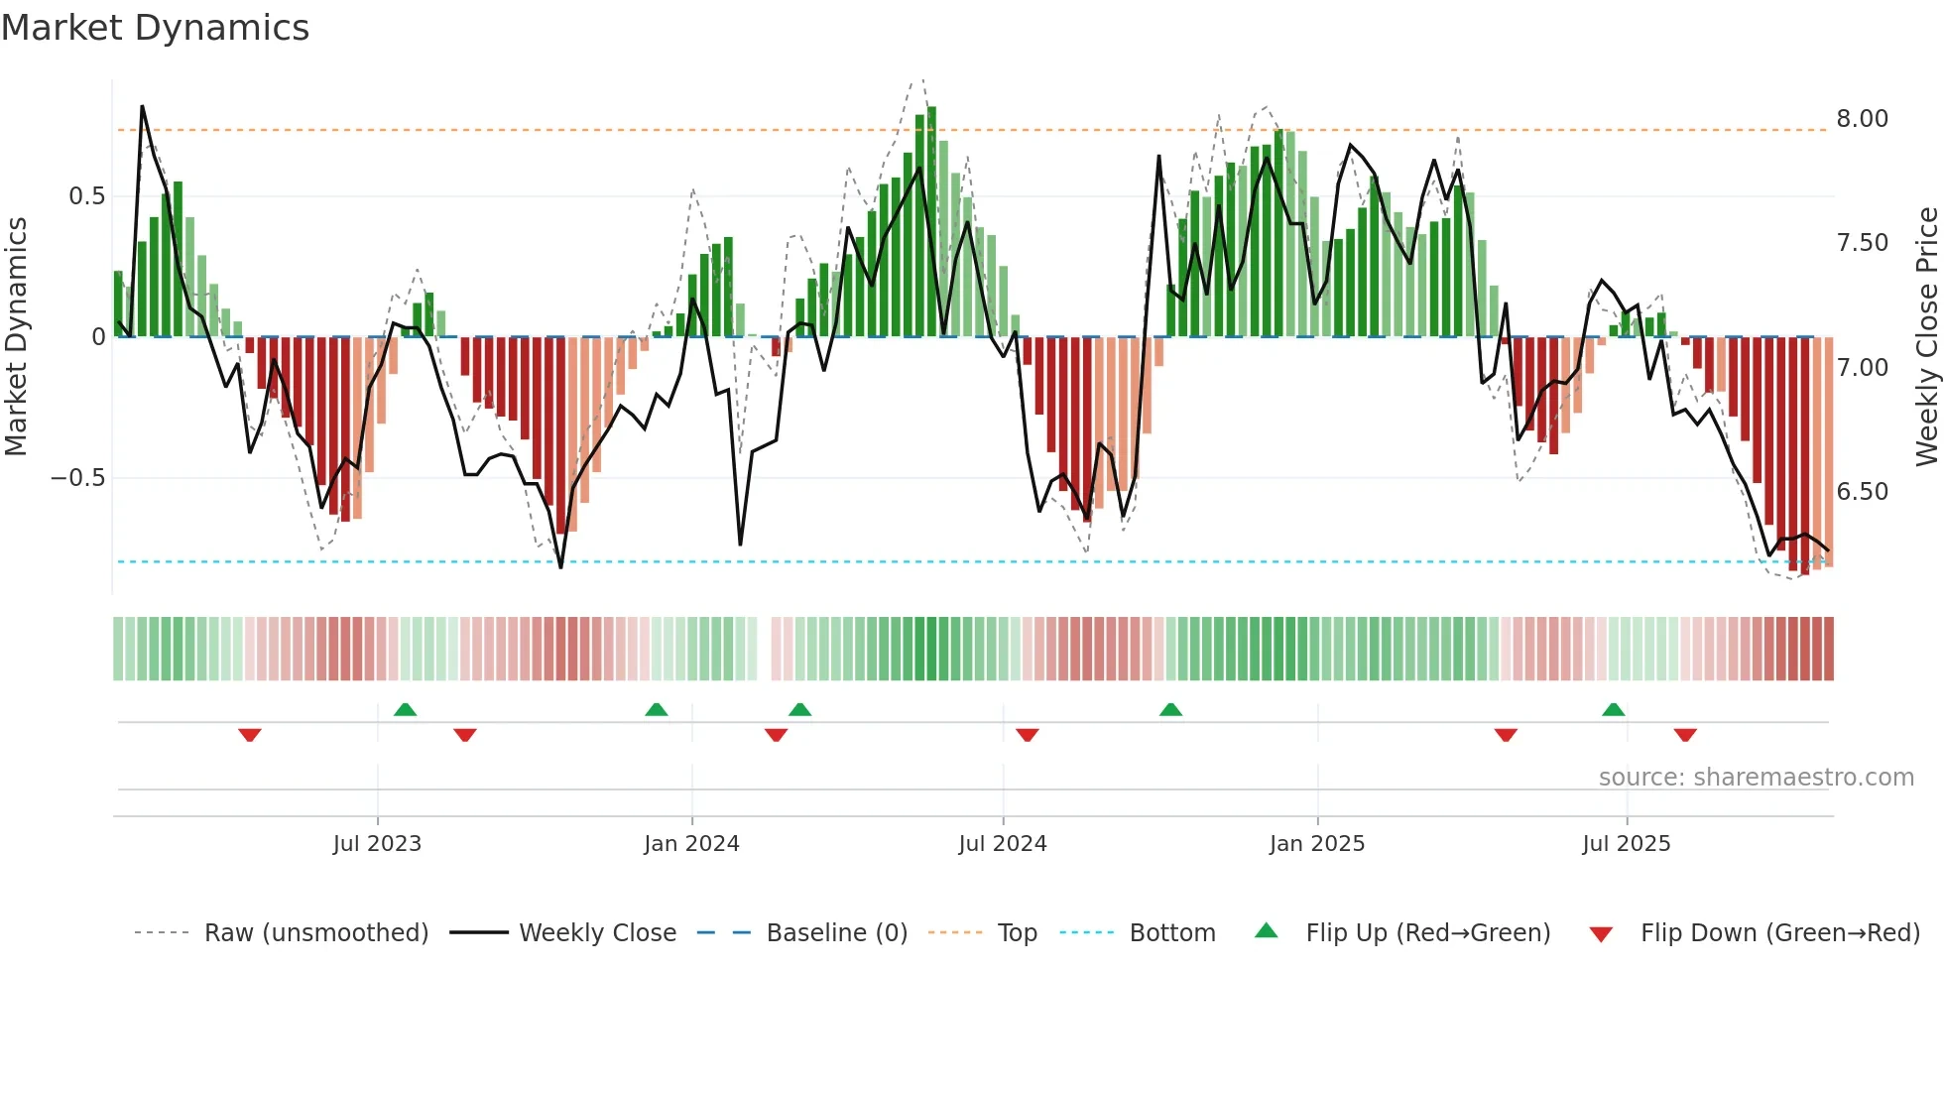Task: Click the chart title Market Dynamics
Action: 156,28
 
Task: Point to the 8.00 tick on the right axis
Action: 1862,119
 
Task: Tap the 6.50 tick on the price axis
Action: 1862,492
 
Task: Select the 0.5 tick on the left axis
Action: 86,196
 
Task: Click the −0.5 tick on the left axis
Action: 78,478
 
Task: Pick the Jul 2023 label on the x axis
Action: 377,844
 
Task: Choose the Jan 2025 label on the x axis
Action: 1317,844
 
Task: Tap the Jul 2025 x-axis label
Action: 1627,844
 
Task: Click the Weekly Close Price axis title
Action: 1926,337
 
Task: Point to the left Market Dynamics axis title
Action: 16,337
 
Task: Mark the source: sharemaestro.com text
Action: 1756,778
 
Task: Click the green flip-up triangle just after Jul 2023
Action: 405,709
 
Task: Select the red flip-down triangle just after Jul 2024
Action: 1028,735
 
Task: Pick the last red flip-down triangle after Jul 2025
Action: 1685,735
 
